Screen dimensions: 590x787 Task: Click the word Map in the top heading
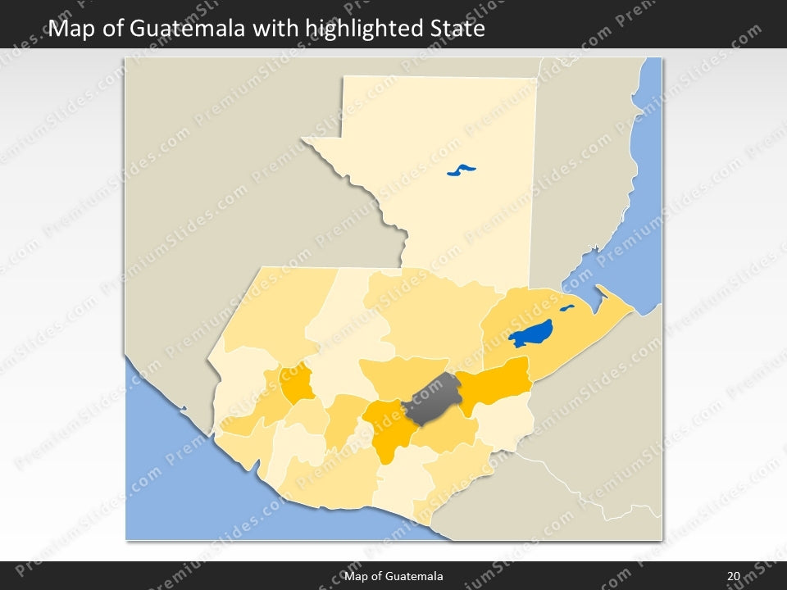(69, 29)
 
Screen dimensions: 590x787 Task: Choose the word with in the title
(275, 29)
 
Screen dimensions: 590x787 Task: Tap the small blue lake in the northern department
(462, 170)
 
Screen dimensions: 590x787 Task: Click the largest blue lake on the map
(530, 334)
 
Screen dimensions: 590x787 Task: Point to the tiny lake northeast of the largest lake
(566, 309)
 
